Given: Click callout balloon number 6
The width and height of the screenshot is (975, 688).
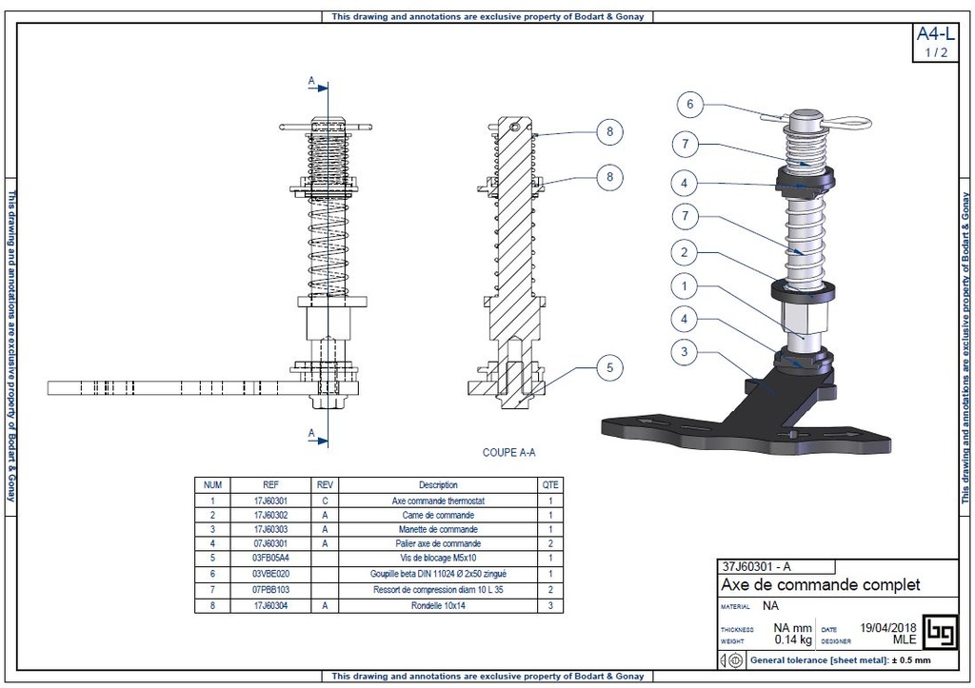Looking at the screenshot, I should pos(691,104).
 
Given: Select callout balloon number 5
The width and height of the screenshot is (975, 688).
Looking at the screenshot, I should pos(609,366).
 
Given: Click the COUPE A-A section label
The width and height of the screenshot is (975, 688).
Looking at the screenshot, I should pos(509,453).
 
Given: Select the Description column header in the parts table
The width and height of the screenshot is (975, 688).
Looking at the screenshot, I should pos(438,485).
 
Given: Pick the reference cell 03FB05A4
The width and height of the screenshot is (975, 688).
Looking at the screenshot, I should pos(270,559).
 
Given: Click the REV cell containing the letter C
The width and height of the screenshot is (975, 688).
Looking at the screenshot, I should pos(325,501).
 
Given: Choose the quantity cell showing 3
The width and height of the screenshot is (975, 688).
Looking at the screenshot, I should pos(550,604).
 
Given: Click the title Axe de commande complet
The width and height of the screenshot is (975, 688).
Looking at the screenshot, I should pos(820,584).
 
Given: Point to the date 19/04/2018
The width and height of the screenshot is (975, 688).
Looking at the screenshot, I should pos(887,628).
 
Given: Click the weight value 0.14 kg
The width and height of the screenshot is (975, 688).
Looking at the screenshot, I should pos(791,640).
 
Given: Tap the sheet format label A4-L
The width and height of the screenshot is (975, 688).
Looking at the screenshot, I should pos(935,35).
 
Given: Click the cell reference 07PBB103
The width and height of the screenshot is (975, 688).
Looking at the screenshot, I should pos(270,589).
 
